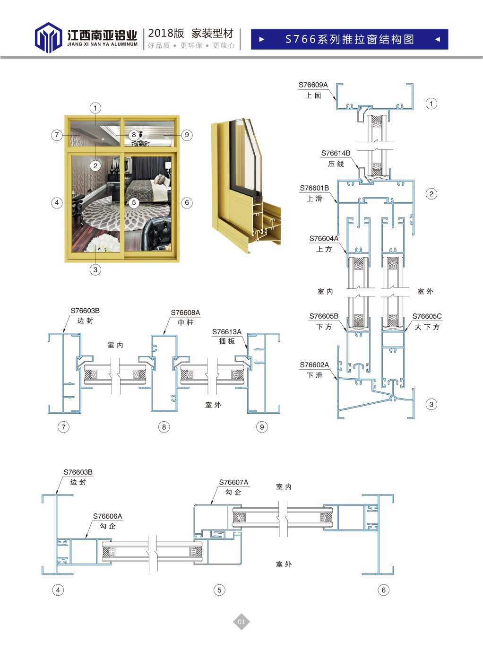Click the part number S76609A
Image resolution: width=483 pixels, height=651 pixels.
coord(313,85)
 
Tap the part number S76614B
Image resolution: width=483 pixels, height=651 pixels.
coord(336,153)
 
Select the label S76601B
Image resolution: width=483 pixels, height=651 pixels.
coord(314,188)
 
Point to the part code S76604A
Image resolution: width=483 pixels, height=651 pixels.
coord(324,239)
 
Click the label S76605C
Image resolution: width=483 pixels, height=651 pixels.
coord(427,316)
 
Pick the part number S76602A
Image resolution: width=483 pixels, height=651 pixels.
coord(314,365)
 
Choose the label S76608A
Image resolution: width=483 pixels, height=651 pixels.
coord(185,312)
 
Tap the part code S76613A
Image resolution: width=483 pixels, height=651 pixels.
coord(226,332)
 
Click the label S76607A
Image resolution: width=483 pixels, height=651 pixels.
coord(233,482)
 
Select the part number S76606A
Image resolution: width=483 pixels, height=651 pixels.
coord(107,516)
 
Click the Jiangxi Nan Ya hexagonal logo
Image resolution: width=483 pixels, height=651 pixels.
coord(48,38)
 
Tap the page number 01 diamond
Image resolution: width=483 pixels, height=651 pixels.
coord(241,622)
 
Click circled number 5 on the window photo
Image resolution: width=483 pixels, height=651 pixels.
coord(134,202)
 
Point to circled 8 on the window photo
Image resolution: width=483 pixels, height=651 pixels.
coord(134,135)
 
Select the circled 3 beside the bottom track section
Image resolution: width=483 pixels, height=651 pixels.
coord(431,404)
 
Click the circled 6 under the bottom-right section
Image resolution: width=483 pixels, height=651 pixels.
coord(383,590)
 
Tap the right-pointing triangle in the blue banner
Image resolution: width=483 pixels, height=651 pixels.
coord(261,39)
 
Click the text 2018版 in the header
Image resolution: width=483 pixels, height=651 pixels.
coord(166,33)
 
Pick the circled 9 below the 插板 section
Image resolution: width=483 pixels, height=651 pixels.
coord(262,427)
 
